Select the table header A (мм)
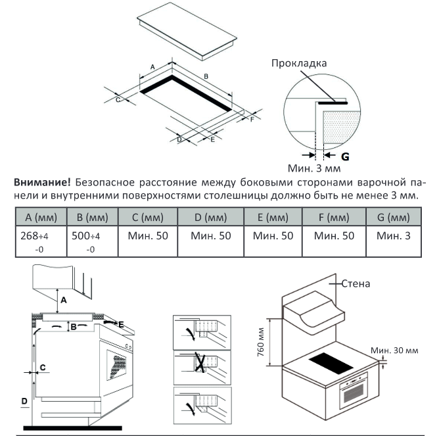(x=39, y=217)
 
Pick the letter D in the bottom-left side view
(x=24, y=400)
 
